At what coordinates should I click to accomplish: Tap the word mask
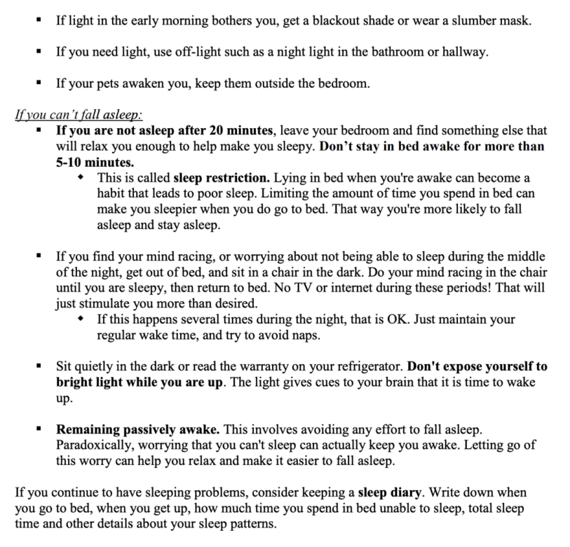[x=516, y=20]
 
